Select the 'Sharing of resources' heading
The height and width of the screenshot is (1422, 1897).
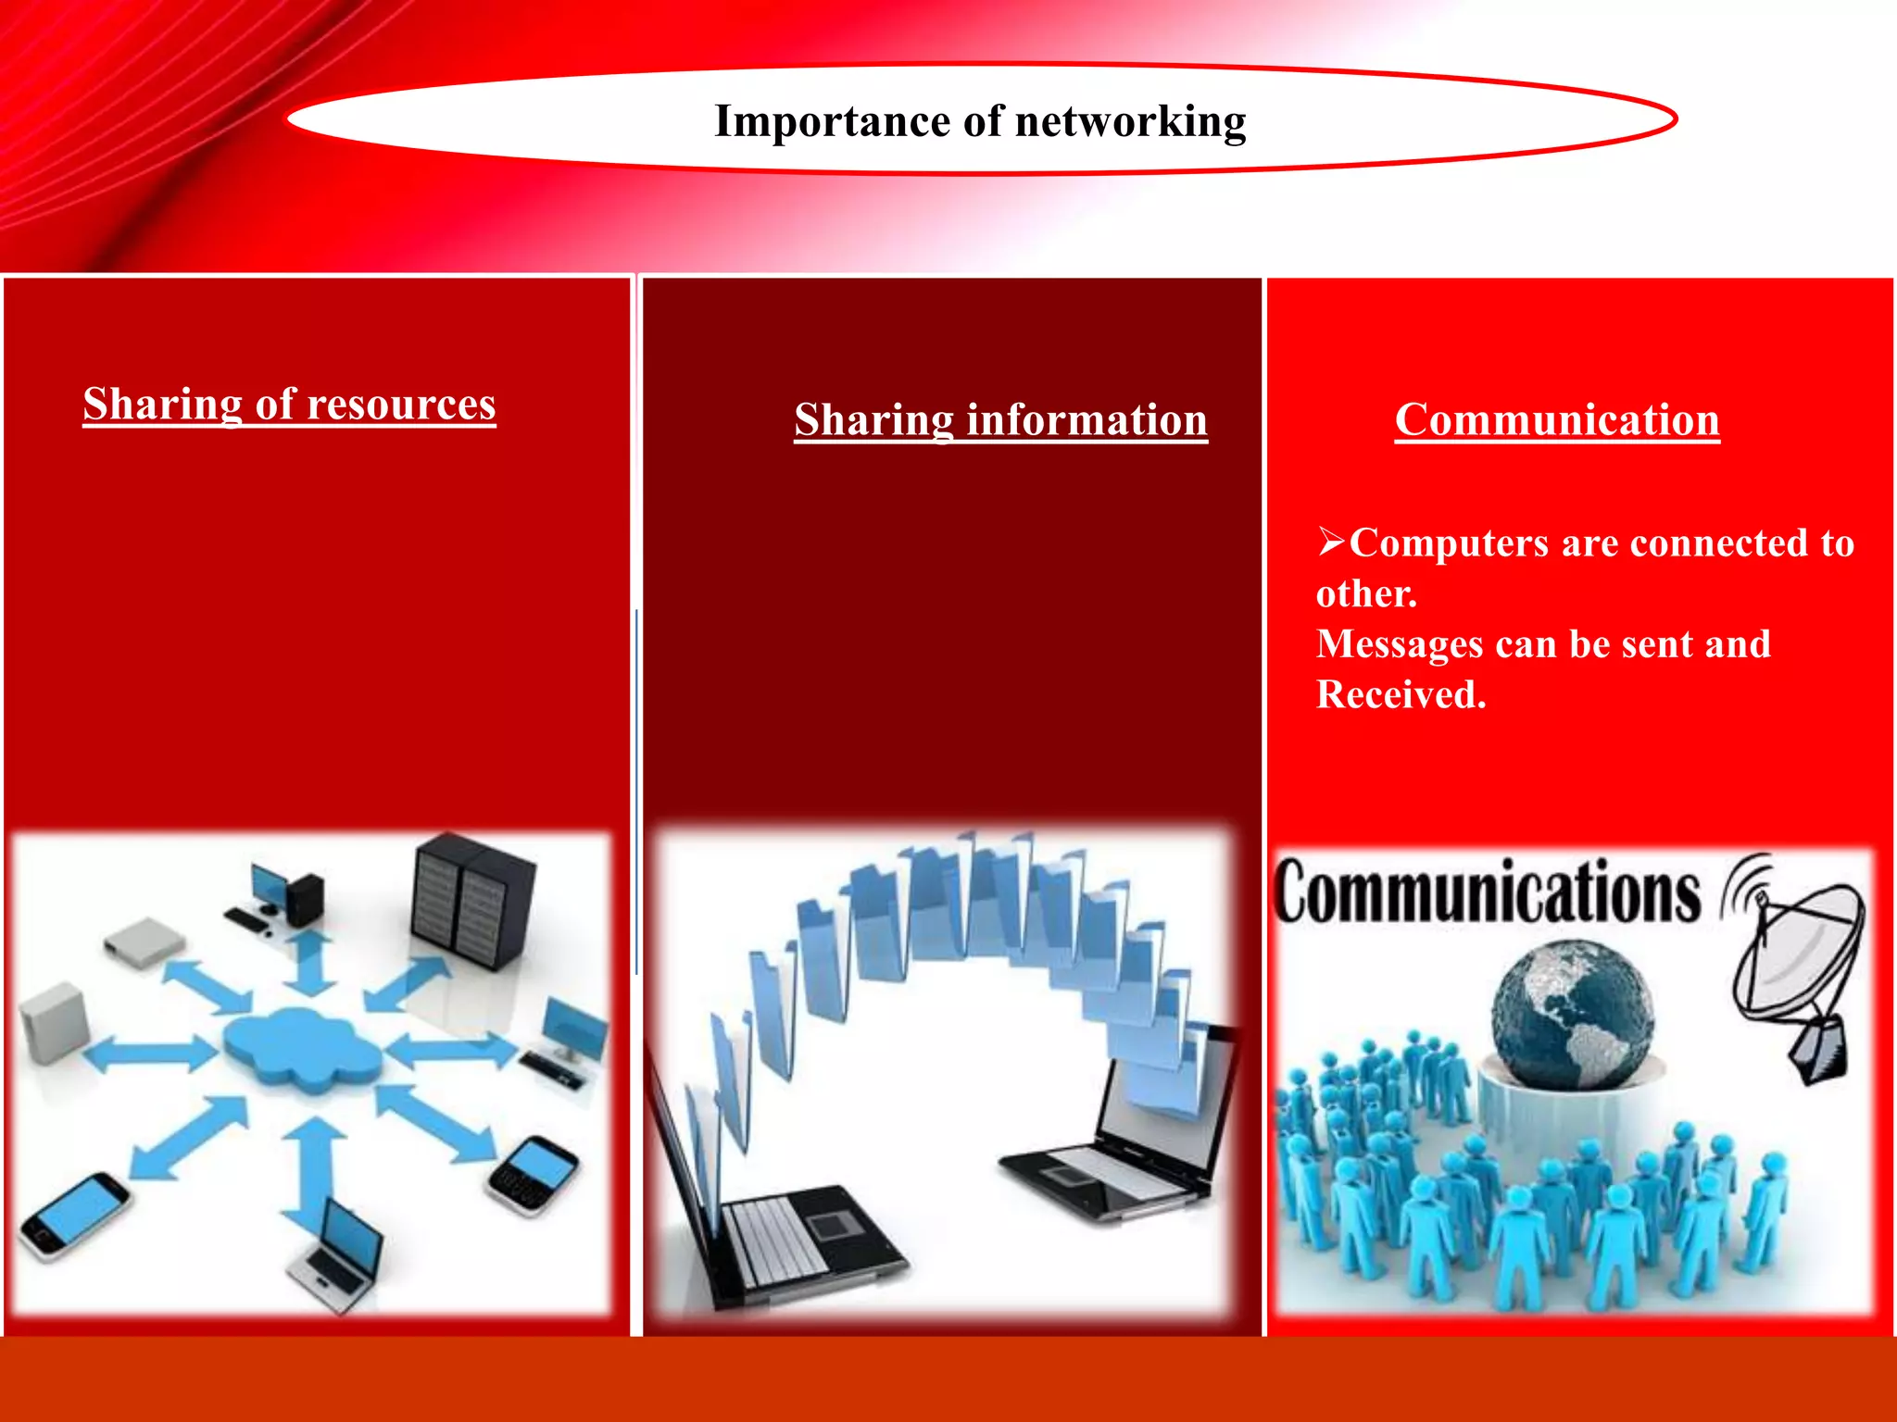(x=289, y=404)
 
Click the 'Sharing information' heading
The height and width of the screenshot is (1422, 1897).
(x=1000, y=419)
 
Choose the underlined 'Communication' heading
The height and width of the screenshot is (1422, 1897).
(x=1557, y=419)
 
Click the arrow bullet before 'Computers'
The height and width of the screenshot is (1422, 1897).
(x=1331, y=540)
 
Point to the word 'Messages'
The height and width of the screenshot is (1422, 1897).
(x=1399, y=644)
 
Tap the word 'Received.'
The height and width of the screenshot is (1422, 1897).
(x=1401, y=694)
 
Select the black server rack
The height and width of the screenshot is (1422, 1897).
(x=472, y=900)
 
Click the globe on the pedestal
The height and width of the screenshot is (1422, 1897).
(x=1572, y=1015)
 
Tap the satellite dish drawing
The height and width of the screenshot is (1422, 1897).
(x=1797, y=963)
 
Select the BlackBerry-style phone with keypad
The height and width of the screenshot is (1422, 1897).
(x=532, y=1174)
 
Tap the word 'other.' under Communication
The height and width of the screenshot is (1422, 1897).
(x=1366, y=593)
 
